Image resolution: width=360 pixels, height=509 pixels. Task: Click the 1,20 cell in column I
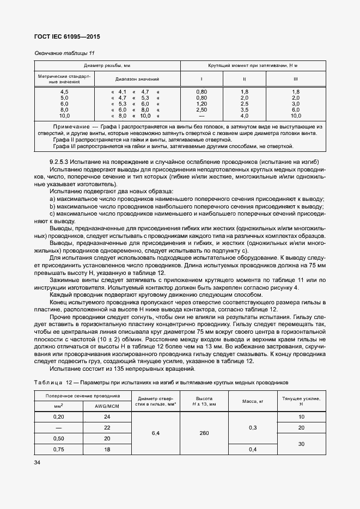tap(202, 103)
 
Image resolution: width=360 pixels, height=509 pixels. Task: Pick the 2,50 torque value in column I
tap(202, 109)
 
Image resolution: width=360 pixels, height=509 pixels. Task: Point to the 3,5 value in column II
tap(244, 109)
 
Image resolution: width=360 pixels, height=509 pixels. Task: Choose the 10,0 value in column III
tap(296, 115)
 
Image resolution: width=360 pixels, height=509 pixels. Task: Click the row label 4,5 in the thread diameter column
tap(64, 91)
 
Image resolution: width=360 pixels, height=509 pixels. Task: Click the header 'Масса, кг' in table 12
tap(252, 401)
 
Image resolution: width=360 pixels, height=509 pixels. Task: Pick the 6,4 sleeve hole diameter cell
tap(156, 433)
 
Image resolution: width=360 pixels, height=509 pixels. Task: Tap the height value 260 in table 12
tap(205, 433)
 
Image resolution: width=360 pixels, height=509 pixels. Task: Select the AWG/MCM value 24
tap(106, 417)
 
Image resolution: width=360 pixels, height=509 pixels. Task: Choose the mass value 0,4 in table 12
tap(252, 449)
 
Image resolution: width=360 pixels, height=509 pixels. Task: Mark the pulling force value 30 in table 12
tap(300, 444)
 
